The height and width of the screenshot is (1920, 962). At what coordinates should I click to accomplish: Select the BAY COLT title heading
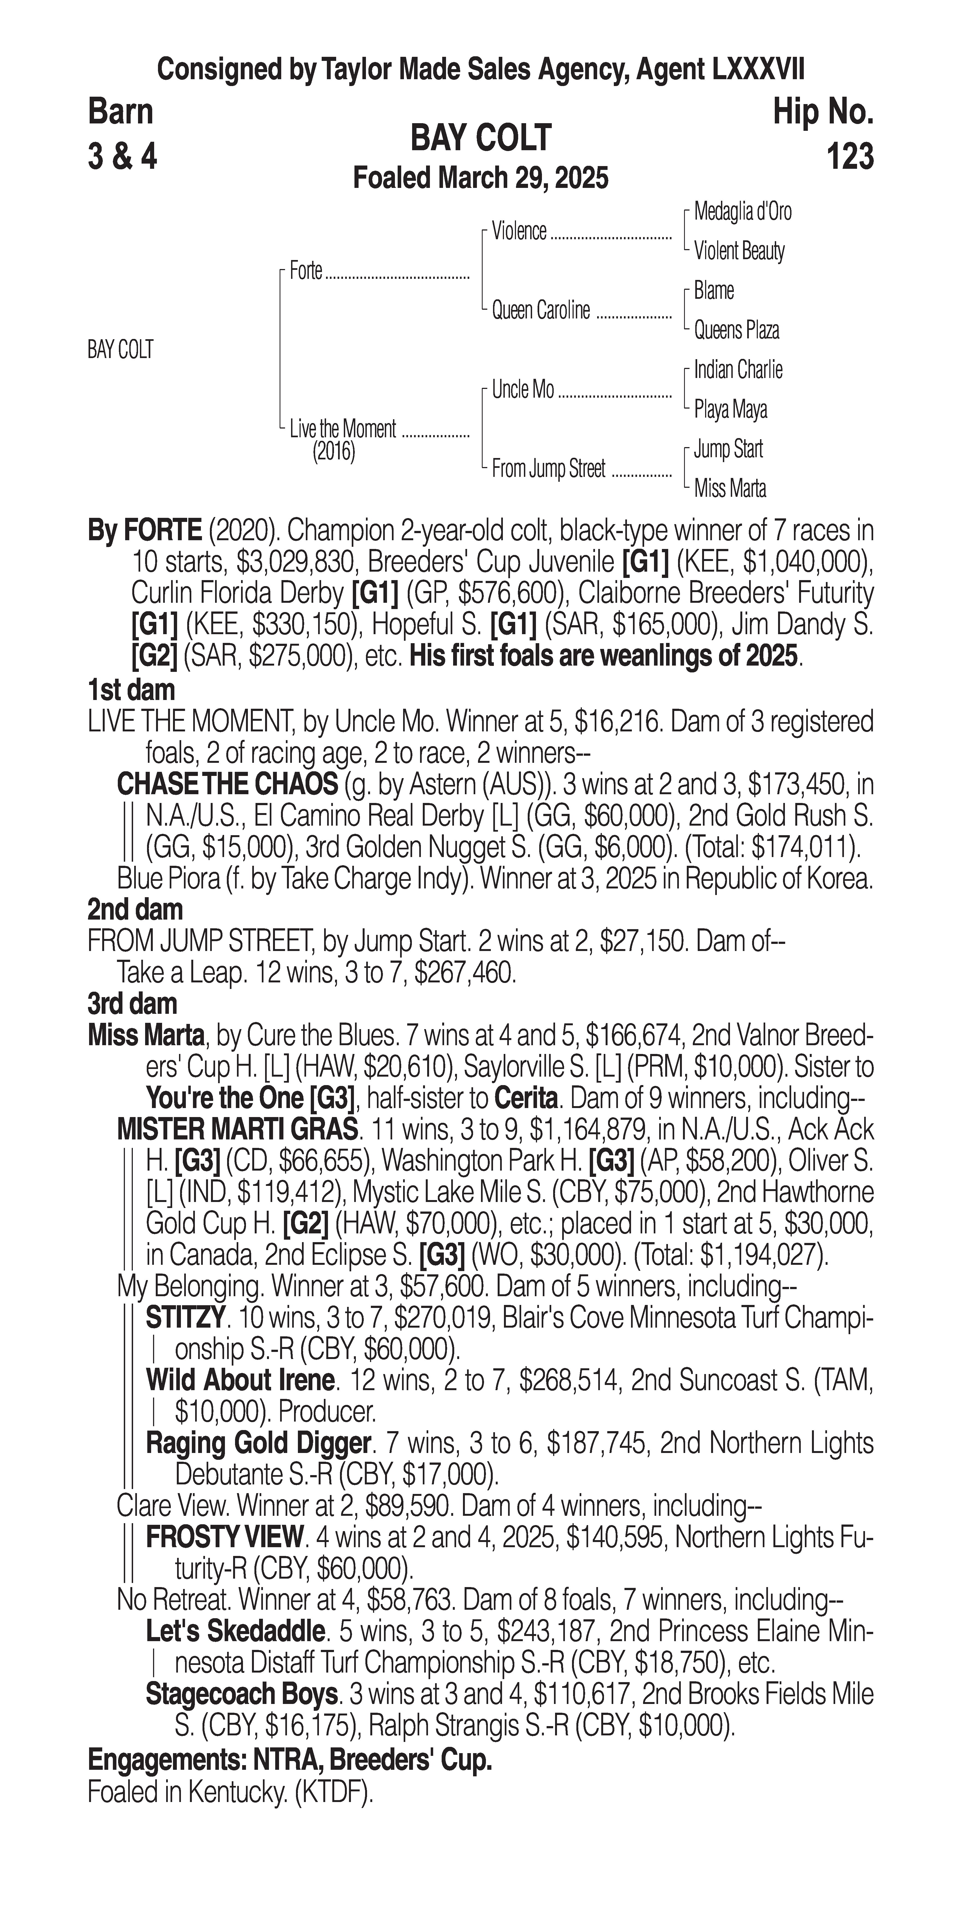[x=481, y=138]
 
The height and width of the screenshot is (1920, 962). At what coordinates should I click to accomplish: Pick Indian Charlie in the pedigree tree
[x=738, y=370]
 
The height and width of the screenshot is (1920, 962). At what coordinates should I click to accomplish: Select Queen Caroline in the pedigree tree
[x=541, y=310]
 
